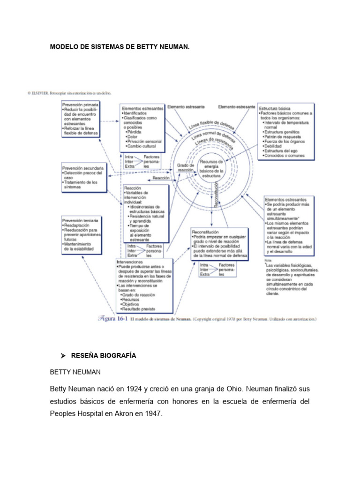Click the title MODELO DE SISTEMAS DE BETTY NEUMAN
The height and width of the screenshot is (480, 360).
(x=120, y=47)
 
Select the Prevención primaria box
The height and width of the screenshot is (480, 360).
(x=81, y=120)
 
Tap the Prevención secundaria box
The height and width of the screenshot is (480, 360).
(x=83, y=177)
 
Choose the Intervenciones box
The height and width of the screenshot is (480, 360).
(x=143, y=285)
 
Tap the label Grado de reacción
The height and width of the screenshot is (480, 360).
(x=185, y=168)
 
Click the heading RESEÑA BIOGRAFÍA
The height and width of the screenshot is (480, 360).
(x=103, y=356)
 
